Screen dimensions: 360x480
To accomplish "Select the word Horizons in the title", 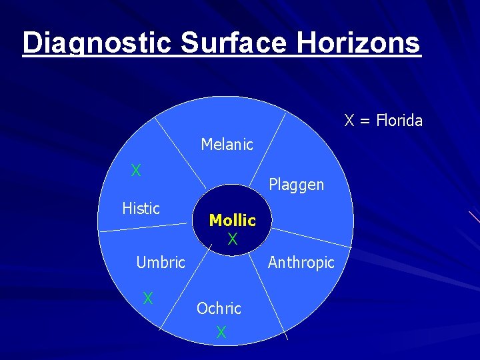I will [358, 43].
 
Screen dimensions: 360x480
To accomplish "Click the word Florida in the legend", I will [399, 121].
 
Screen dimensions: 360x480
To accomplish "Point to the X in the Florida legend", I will [349, 121].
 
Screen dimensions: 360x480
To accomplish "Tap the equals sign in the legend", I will [365, 121].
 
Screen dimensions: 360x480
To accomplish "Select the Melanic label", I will [227, 145].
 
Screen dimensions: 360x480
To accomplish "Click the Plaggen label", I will [296, 185].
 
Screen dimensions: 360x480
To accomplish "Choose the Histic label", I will [141, 209].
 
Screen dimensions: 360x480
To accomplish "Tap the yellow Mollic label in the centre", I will [232, 220].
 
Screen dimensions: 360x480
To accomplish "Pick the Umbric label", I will [160, 263].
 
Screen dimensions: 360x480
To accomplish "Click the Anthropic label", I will [301, 263].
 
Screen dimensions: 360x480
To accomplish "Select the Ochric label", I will [219, 309].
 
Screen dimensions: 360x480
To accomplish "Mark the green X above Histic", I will [136, 171].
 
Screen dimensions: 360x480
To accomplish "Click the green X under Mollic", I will [232, 239].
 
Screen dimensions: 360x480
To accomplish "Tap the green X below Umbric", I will [149, 298].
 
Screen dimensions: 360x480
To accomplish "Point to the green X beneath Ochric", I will [221, 332].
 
